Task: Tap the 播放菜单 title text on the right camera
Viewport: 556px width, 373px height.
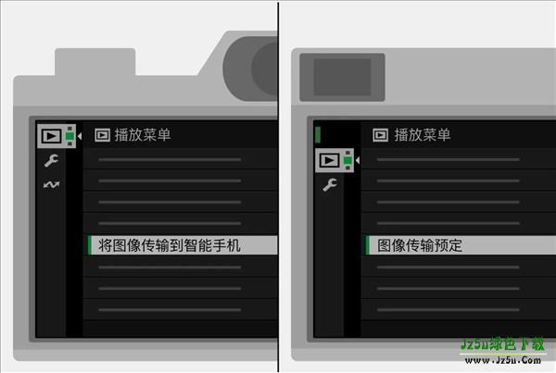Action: click(423, 135)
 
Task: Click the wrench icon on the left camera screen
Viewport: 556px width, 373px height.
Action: click(50, 161)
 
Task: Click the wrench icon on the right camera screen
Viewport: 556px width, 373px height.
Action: click(329, 185)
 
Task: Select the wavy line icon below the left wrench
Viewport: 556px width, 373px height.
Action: click(50, 184)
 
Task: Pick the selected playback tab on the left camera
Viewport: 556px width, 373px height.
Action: click(54, 136)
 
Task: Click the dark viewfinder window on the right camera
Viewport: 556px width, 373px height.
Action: click(342, 76)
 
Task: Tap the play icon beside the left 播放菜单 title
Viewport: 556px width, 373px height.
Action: click(103, 135)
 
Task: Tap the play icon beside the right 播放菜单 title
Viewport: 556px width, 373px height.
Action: click(380, 135)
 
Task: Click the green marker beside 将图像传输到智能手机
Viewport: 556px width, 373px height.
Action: click(89, 245)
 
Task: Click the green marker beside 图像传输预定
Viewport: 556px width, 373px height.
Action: click(367, 245)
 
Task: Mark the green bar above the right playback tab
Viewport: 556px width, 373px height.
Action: click(318, 134)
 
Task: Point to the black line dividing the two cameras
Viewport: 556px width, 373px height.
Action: click(277, 185)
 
